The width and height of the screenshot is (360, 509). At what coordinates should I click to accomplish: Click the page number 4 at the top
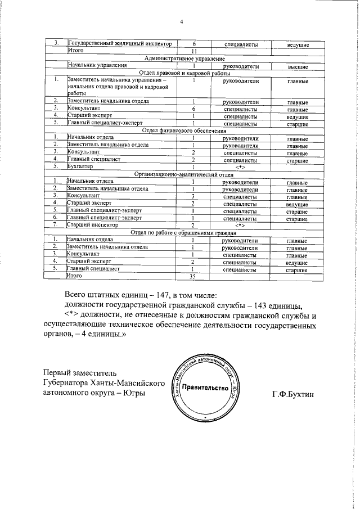point(182,22)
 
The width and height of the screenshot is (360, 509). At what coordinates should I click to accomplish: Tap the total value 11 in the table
point(193,51)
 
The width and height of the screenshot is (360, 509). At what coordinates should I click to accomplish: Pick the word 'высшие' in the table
point(296,66)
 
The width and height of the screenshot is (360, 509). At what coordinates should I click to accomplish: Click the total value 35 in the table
point(193,276)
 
